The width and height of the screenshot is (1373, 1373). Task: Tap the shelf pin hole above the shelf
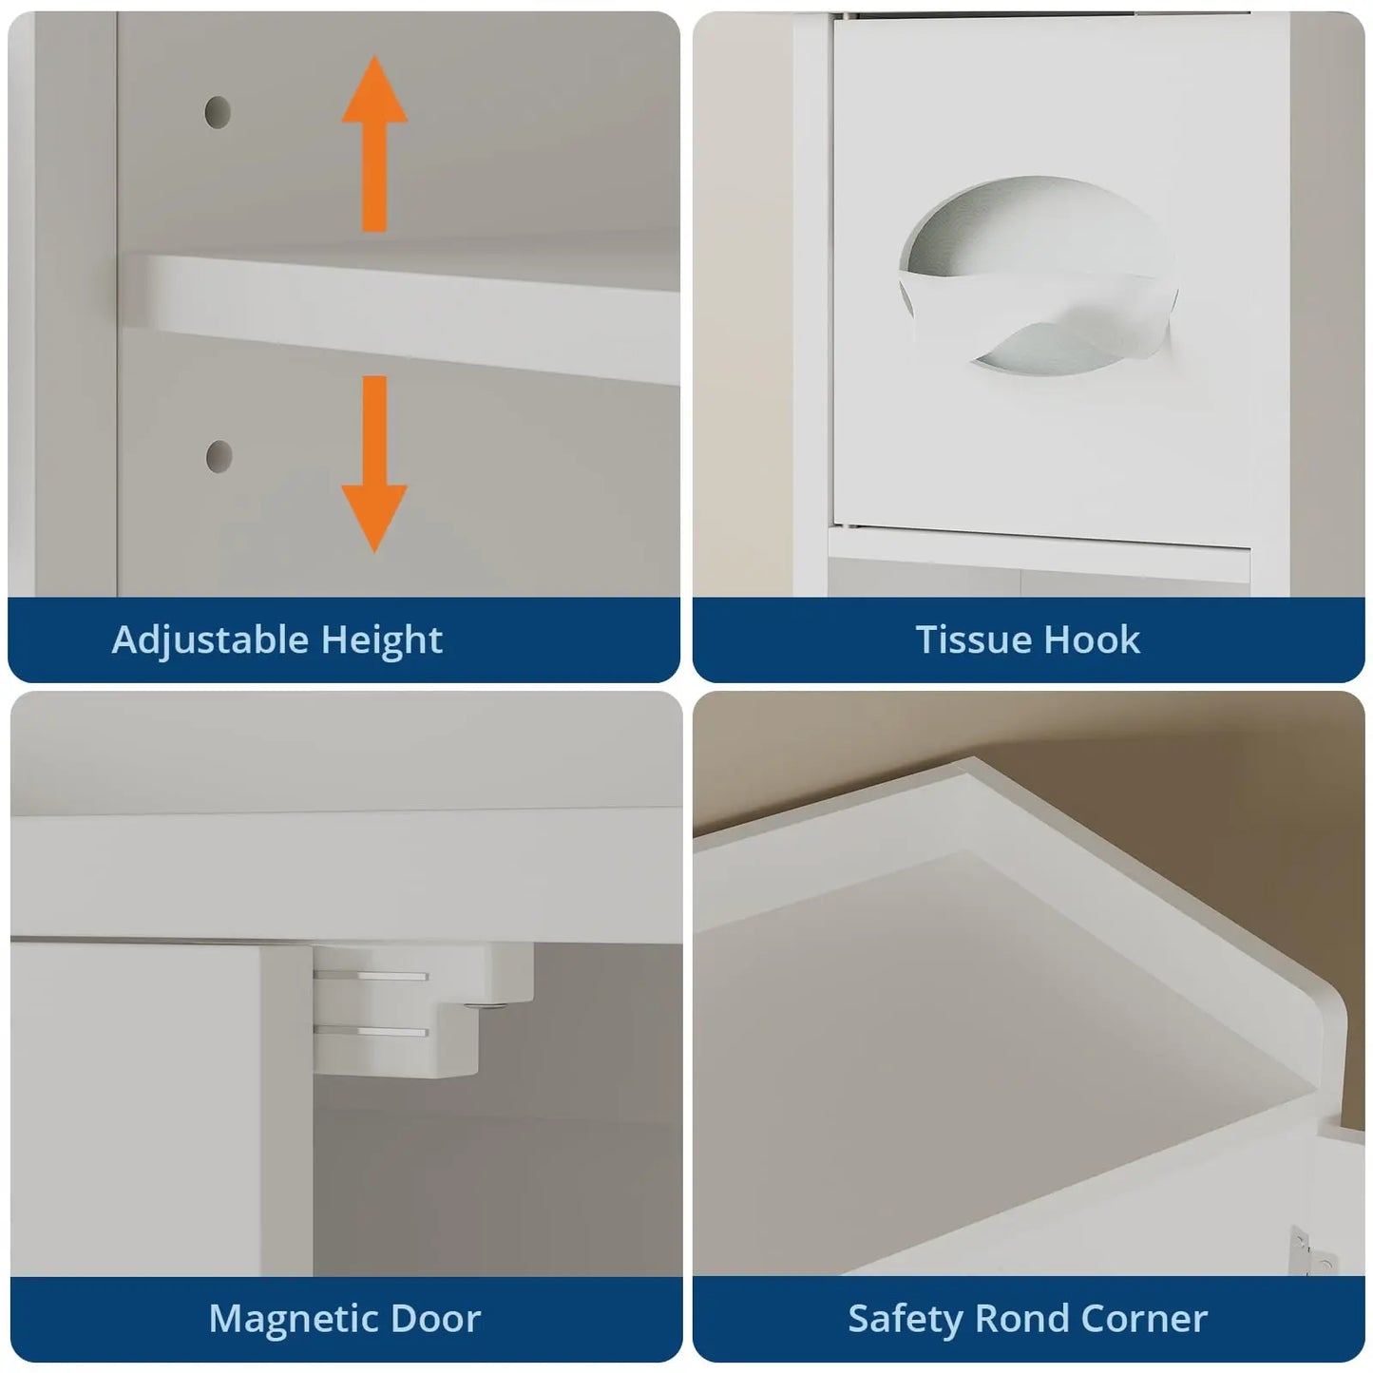click(218, 112)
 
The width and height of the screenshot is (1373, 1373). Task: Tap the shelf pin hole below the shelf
click(219, 456)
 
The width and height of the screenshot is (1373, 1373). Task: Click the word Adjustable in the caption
click(210, 639)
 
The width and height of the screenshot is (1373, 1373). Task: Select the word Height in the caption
click(382, 639)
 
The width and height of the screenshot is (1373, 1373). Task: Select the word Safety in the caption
click(905, 1320)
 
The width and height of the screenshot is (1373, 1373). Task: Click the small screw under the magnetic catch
click(486, 1007)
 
